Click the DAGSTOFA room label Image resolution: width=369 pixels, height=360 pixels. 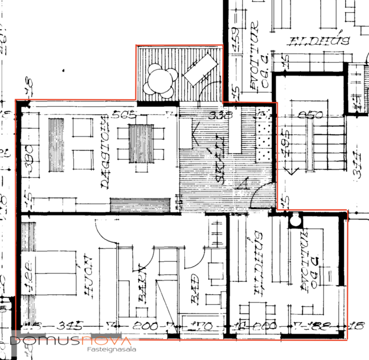point(105,154)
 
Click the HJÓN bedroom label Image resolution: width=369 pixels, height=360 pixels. point(89,276)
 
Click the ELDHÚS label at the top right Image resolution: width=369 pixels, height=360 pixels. point(319,41)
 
